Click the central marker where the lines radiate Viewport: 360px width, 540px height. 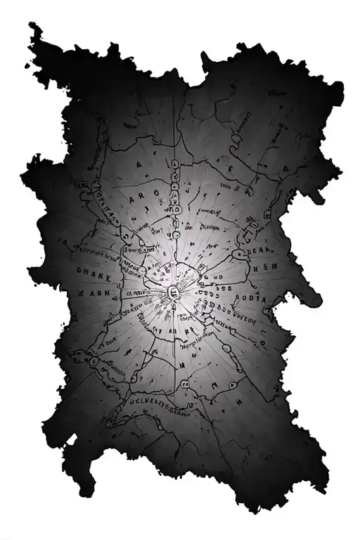[174, 293]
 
